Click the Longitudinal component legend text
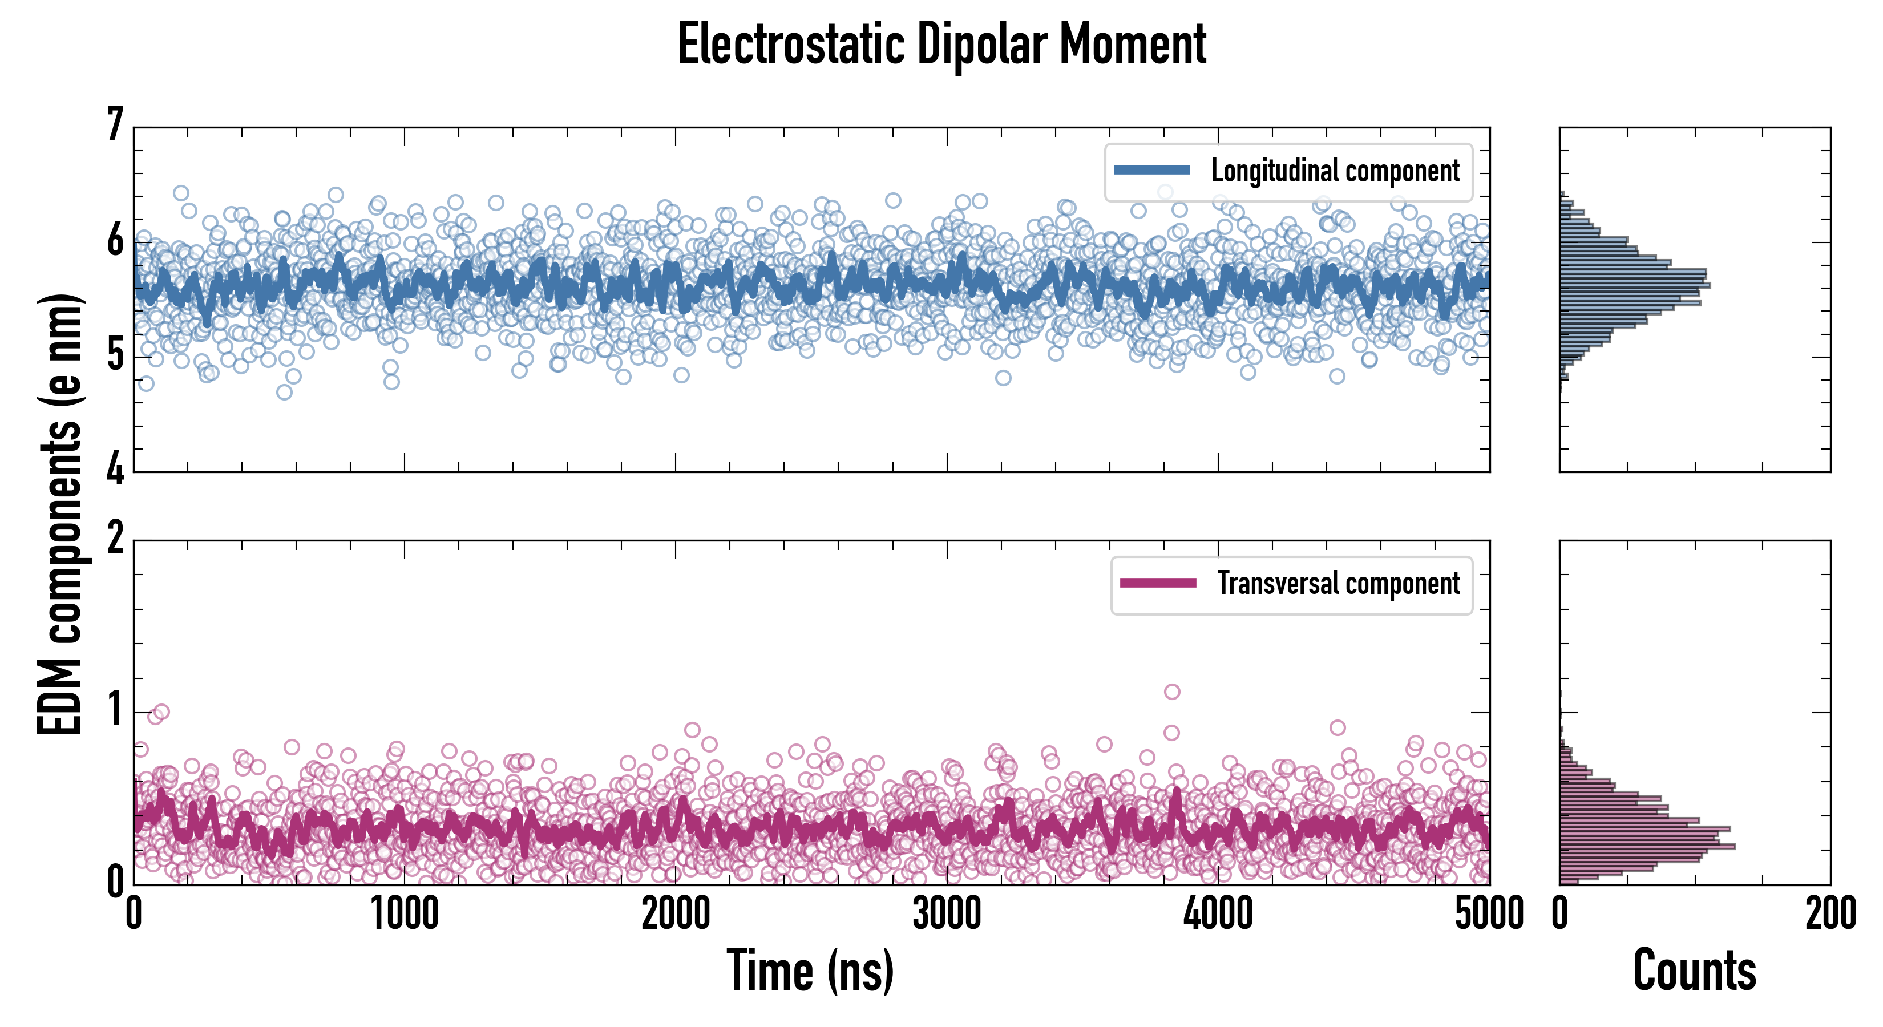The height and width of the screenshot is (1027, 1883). [x=1335, y=171]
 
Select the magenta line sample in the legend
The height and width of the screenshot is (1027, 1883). [x=1158, y=583]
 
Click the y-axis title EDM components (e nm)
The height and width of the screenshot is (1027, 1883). [x=60, y=515]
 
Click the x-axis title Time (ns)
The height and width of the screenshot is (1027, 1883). [x=810, y=971]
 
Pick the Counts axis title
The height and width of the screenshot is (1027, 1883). [x=1694, y=971]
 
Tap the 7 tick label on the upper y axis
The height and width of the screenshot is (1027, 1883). [x=115, y=124]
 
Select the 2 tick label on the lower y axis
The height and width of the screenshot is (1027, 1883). [x=115, y=539]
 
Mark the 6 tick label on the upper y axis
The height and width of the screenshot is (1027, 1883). [x=115, y=240]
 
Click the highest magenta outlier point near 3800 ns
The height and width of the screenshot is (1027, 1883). [x=1172, y=692]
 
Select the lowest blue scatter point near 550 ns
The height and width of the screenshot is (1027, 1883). [x=284, y=393]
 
